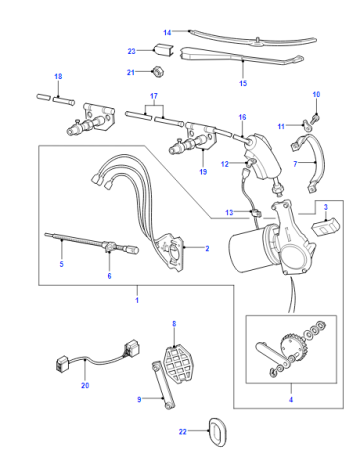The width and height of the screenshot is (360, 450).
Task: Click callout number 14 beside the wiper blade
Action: [x=167, y=32]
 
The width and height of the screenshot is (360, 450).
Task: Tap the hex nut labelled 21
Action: [x=156, y=72]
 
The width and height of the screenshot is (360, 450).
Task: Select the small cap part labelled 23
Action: [x=163, y=50]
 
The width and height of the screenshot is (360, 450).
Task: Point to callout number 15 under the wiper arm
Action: [x=243, y=83]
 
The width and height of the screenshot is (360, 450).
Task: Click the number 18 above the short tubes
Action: [x=58, y=76]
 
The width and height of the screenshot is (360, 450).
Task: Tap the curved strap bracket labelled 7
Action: [x=313, y=163]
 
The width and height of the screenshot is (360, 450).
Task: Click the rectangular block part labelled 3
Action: [x=326, y=226]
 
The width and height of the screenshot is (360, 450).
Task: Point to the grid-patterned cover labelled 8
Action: [x=178, y=364]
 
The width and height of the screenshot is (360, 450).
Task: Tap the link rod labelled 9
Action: [x=163, y=385]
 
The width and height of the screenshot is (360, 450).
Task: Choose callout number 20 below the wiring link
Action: [x=85, y=385]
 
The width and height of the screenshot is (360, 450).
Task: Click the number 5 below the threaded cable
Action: [x=61, y=264]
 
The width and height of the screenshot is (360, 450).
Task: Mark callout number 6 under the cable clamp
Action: [x=109, y=276]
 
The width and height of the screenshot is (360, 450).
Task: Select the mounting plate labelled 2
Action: [x=171, y=252]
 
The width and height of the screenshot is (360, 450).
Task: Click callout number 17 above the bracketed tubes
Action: [x=154, y=96]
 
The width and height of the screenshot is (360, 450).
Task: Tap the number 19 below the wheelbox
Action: [x=203, y=172]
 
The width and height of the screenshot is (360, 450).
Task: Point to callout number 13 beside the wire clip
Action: [x=229, y=212]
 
